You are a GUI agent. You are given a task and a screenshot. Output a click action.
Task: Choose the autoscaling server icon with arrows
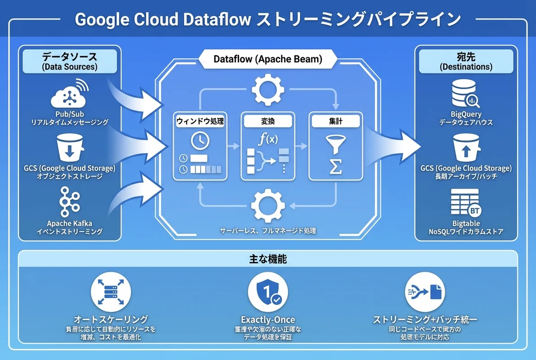[111, 293]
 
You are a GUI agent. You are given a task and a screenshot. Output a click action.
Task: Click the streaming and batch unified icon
[424, 293]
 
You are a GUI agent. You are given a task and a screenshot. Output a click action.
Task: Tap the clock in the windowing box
[200, 141]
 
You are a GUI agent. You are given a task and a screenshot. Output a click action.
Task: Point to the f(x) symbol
[268, 139]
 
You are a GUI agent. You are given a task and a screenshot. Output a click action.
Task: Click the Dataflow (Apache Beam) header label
[268, 59]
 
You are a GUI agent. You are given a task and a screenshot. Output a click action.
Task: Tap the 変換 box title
[268, 121]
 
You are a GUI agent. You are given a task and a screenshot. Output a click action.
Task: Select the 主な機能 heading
[268, 260]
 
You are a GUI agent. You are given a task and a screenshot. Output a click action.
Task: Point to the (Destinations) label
[465, 67]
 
